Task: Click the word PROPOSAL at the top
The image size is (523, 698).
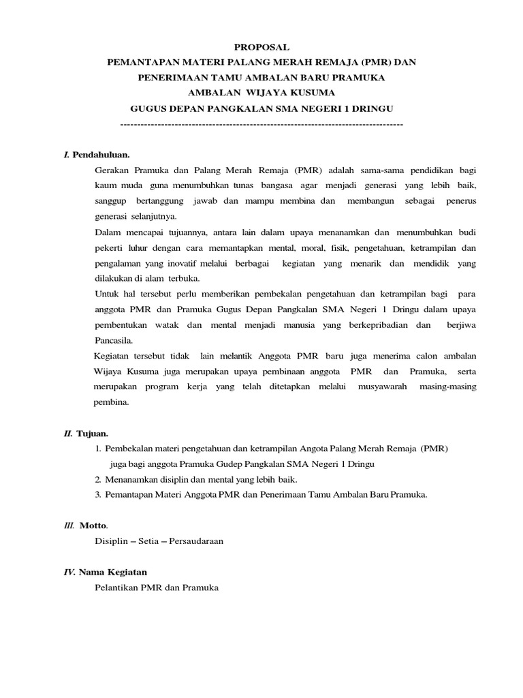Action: click(x=261, y=47)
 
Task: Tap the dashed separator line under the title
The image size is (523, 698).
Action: click(x=261, y=125)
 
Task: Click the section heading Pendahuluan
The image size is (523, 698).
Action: click(x=101, y=155)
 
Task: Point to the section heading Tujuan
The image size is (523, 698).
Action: click(x=93, y=434)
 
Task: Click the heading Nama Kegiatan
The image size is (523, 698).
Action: click(x=113, y=572)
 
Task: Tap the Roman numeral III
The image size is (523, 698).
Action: click(x=69, y=526)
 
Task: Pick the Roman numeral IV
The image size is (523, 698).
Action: click(x=69, y=572)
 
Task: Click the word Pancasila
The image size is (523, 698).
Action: click(x=114, y=340)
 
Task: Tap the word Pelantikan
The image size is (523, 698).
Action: click(x=116, y=588)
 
